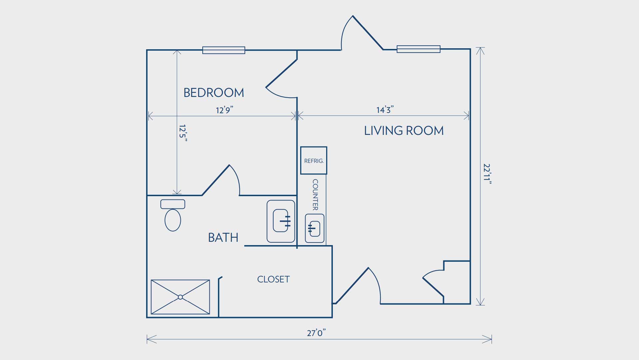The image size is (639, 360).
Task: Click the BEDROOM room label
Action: (x=214, y=93)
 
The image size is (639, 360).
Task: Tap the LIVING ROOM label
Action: (x=404, y=131)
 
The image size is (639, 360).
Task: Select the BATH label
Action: (x=223, y=237)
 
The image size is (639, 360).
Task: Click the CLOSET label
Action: (x=273, y=279)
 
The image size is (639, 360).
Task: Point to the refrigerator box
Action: (x=314, y=161)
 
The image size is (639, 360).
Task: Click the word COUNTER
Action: (x=315, y=195)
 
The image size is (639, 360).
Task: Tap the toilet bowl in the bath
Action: (x=173, y=220)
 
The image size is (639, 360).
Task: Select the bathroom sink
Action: (x=281, y=221)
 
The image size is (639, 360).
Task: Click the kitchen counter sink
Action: (x=315, y=228)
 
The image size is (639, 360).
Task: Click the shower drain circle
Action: (x=180, y=297)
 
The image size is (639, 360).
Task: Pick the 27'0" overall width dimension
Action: (x=316, y=333)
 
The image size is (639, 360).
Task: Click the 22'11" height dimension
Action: (x=488, y=174)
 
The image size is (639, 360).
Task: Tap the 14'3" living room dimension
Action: (x=385, y=110)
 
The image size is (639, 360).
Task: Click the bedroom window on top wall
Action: (x=224, y=50)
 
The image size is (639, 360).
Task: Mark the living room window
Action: (x=418, y=49)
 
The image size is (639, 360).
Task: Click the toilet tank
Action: (x=173, y=204)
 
